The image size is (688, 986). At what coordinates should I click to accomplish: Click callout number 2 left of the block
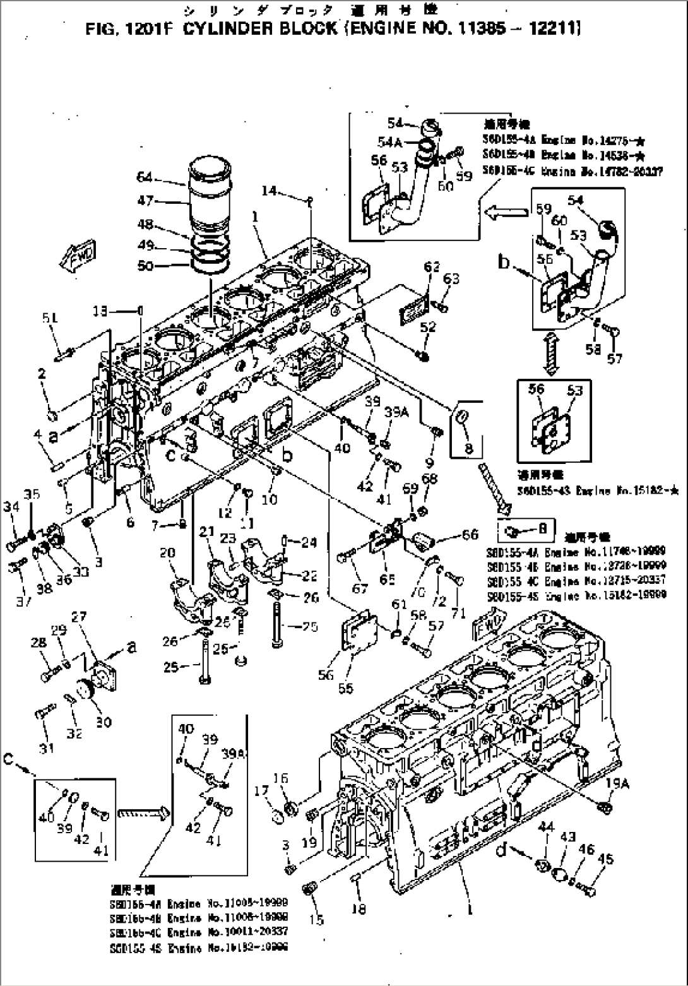coord(42,374)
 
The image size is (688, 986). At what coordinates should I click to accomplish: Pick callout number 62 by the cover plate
coord(432,267)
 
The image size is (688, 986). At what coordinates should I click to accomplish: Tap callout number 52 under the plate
coord(428,326)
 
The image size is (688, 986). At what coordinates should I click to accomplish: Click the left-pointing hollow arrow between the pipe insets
coord(506,212)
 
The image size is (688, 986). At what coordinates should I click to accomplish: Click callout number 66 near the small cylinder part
coord(470,535)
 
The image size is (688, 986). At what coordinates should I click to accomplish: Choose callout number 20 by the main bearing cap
coord(167,553)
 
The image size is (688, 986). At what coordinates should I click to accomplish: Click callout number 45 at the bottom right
coord(607,859)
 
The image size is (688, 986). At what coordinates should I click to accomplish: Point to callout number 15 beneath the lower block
coord(316,919)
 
